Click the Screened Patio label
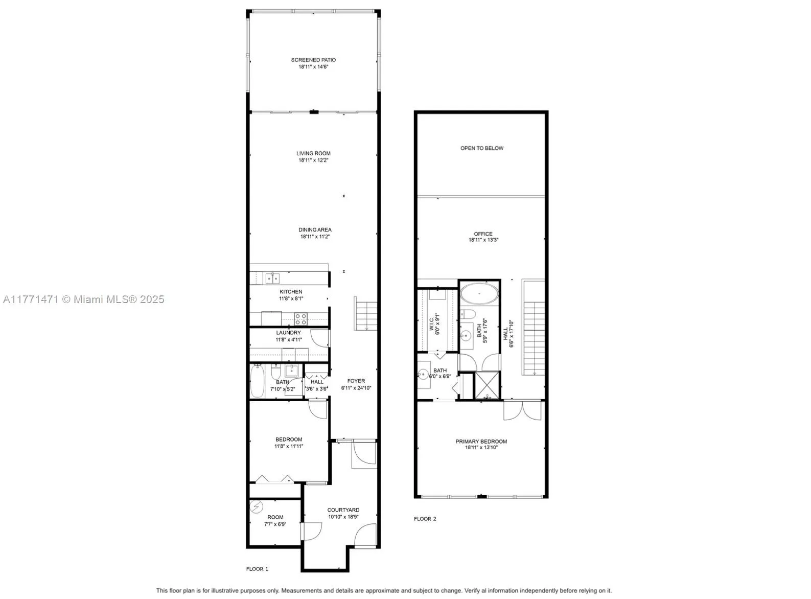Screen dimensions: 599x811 (313, 60)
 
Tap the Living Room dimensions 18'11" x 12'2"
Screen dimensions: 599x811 (313, 160)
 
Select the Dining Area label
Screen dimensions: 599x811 (315, 229)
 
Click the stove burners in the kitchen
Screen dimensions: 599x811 (301, 319)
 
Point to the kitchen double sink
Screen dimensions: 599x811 (272, 278)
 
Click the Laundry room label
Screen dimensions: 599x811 (289, 333)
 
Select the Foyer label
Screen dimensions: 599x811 (356, 381)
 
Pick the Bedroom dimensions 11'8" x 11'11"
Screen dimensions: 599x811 (289, 446)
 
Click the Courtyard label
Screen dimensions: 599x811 (343, 510)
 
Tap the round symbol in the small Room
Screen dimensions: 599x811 (256, 506)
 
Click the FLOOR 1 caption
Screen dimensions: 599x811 (257, 569)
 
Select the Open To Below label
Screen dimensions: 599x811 (482, 148)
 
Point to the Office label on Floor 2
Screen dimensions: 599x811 (483, 234)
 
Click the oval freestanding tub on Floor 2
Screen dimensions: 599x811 (479, 294)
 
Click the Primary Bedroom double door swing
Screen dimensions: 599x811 (522, 410)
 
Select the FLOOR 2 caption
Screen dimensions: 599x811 (425, 519)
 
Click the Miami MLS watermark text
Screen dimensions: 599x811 (83, 299)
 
